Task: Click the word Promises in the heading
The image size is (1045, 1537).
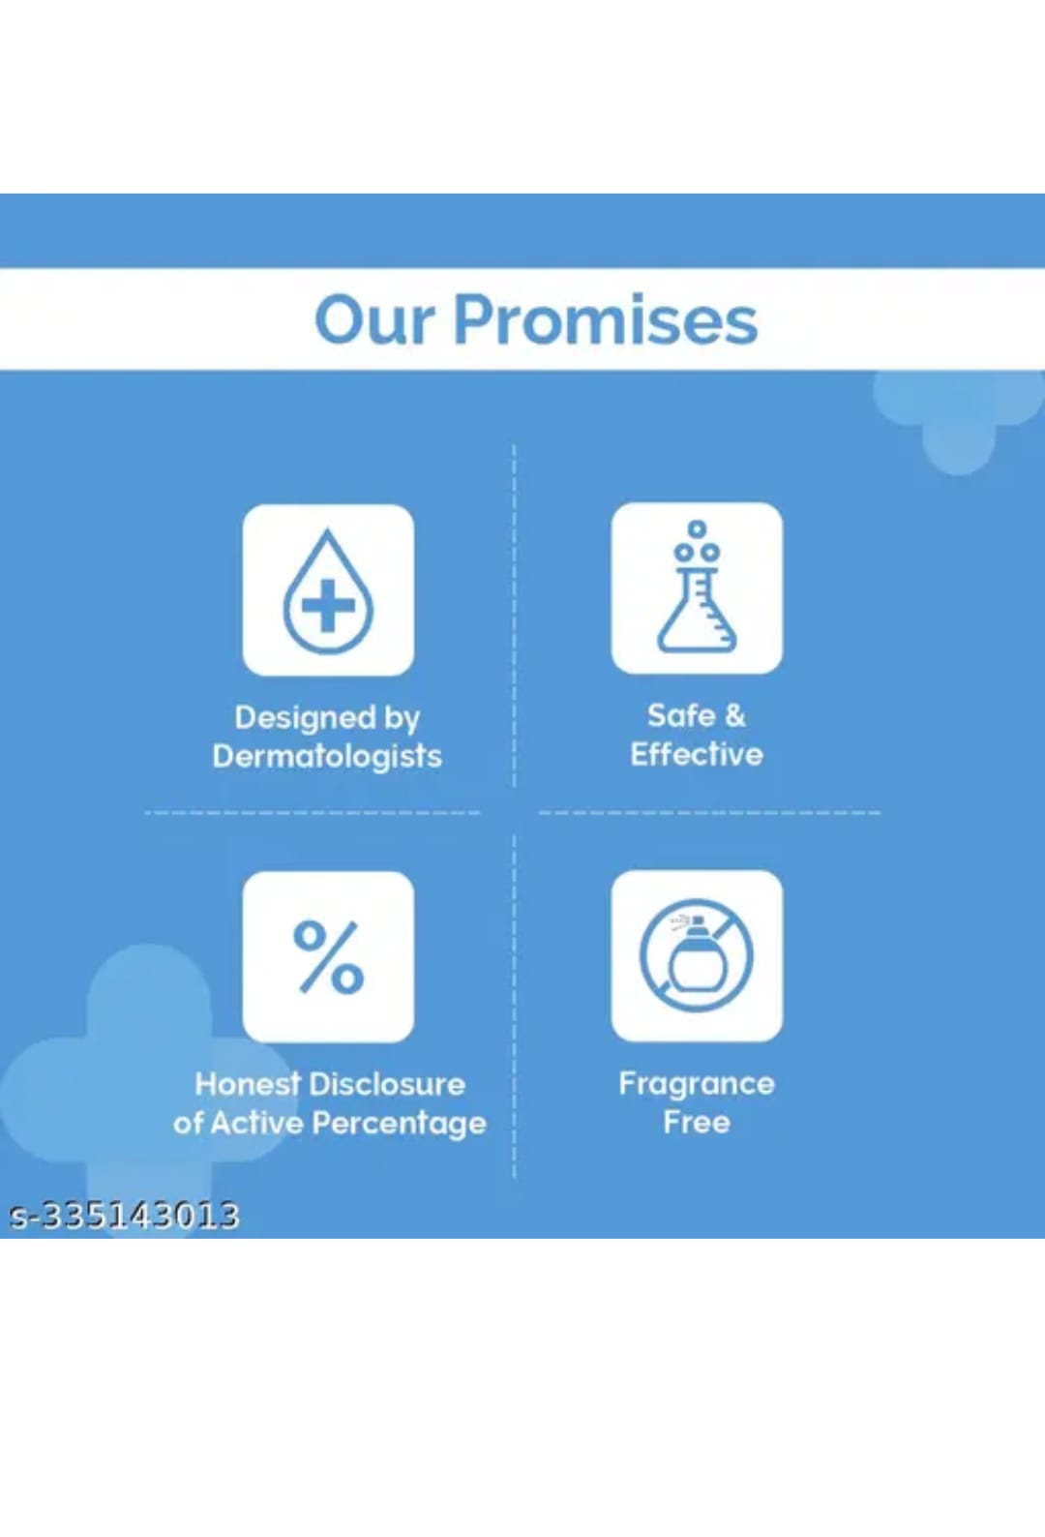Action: [606, 319]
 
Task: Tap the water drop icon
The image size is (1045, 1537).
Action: [329, 590]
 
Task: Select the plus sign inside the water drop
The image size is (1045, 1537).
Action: [329, 605]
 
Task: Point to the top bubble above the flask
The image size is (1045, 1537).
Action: [697, 529]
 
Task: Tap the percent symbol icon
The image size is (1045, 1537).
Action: [329, 957]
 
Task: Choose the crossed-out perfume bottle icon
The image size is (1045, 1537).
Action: [697, 956]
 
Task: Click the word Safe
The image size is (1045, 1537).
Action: [676, 715]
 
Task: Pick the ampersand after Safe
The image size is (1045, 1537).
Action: [734, 715]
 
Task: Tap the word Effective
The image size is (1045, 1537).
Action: [697, 755]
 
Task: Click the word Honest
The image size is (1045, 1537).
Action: [249, 1085]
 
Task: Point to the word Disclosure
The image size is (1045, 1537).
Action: [387, 1085]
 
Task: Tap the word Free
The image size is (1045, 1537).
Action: [697, 1123]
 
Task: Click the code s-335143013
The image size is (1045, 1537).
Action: [124, 1217]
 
